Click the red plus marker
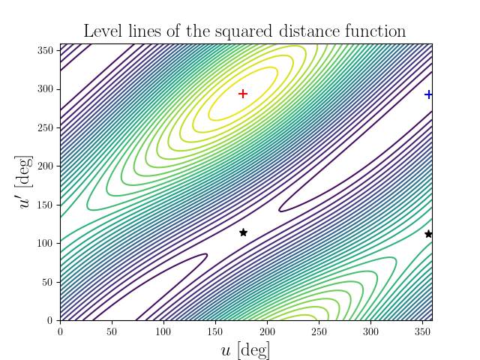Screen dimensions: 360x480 (243, 94)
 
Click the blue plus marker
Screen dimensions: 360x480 (428, 94)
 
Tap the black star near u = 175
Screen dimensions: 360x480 (243, 232)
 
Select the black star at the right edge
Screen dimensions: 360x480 (428, 234)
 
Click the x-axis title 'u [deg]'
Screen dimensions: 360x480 (245, 349)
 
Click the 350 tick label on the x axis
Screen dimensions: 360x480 (421, 331)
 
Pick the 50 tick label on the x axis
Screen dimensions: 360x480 (112, 331)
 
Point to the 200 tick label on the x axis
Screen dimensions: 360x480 (267, 331)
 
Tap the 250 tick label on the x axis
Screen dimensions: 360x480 (319, 331)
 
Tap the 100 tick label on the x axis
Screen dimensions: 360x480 (163, 331)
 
